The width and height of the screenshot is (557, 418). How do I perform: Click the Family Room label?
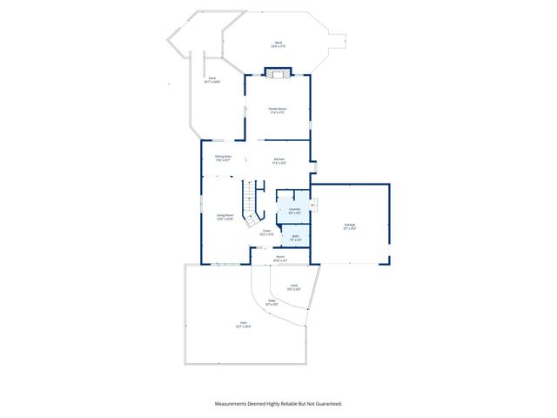[x=278, y=110]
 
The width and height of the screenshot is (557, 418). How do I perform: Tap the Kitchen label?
[x=279, y=160]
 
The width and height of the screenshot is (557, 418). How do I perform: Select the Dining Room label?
[x=223, y=158]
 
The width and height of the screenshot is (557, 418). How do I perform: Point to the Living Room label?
[x=225, y=216]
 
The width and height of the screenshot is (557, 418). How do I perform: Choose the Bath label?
[x=296, y=237]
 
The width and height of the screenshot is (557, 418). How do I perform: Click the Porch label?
[x=280, y=258]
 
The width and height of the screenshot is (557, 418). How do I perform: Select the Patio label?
[x=272, y=304]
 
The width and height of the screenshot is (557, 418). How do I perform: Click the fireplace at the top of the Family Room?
[x=278, y=76]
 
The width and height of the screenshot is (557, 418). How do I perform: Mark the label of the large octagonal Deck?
[x=278, y=44]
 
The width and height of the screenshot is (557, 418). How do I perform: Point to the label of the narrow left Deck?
[x=212, y=80]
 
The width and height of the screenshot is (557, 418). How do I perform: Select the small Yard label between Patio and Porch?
[x=295, y=287]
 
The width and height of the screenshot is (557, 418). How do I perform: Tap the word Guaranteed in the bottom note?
[x=325, y=403]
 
